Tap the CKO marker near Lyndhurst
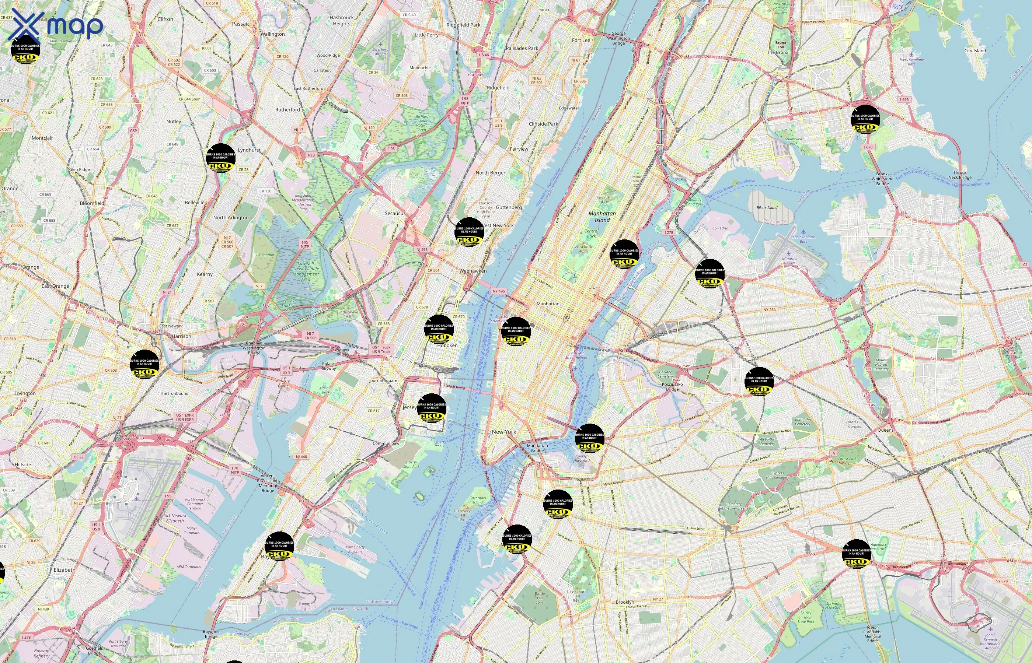click(220, 158)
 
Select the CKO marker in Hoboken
click(439, 329)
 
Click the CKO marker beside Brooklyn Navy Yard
click(589, 438)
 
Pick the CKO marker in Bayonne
click(279, 546)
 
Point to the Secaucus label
click(395, 213)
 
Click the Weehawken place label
click(473, 271)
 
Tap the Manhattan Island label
click(602, 217)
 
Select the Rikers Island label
click(767, 207)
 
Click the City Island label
click(975, 50)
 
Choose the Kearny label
click(205, 274)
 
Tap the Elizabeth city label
click(64, 569)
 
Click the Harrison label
click(181, 336)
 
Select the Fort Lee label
click(581, 40)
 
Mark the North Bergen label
click(491, 173)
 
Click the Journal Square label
click(383, 380)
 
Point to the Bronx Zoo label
click(781, 45)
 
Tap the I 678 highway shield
click(868, 147)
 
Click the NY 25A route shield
click(769, 309)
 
